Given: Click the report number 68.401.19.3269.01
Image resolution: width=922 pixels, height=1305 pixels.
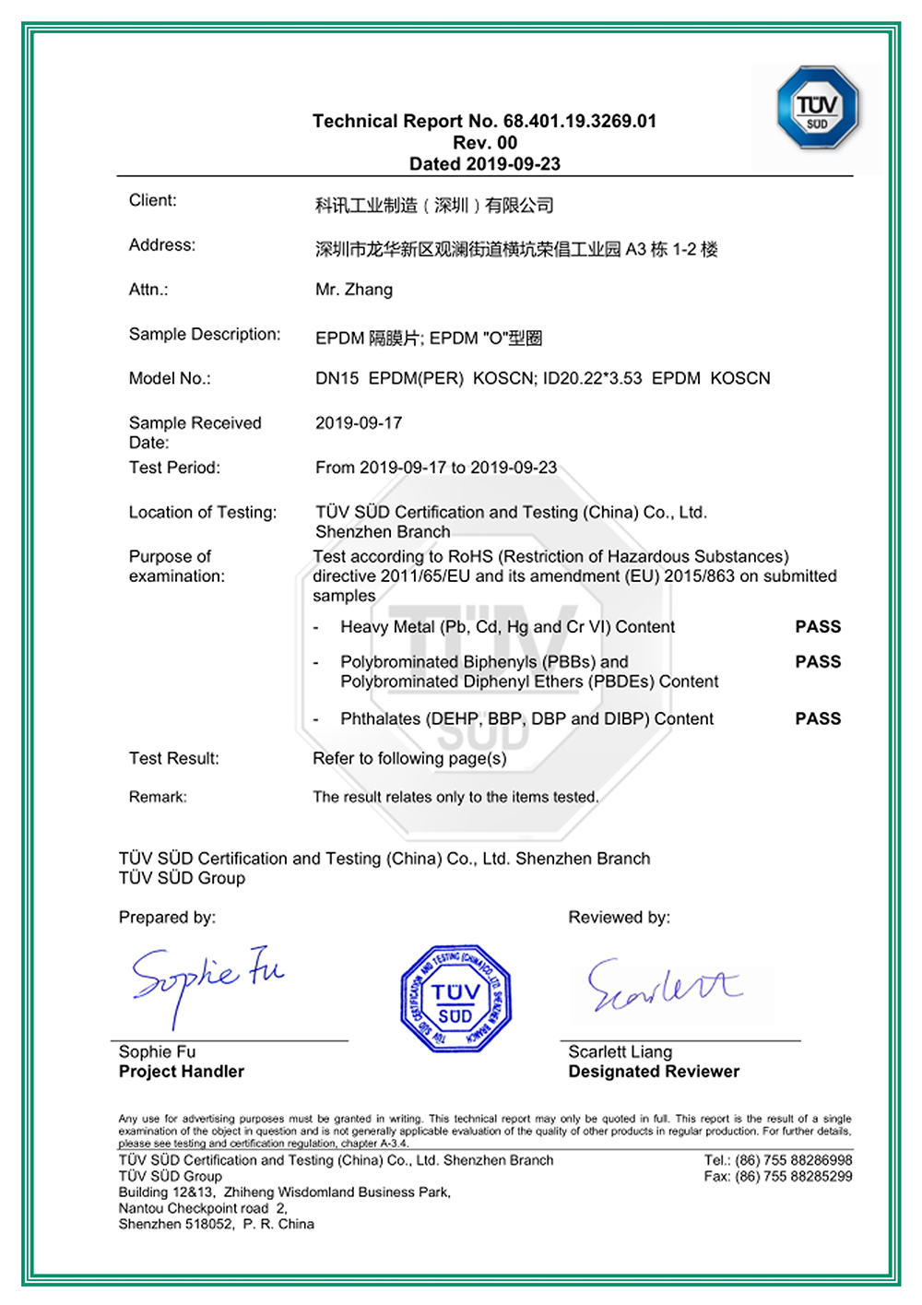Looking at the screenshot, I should (580, 121).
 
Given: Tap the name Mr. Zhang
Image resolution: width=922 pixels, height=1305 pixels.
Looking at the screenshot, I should (354, 290).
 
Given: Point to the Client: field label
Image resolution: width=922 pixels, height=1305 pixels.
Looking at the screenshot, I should (153, 200).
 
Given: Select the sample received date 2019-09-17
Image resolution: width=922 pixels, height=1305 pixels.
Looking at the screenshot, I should (359, 423).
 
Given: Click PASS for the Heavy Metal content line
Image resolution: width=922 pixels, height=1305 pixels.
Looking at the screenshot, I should (818, 627).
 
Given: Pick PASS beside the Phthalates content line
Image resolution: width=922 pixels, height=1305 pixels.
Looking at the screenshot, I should (818, 718).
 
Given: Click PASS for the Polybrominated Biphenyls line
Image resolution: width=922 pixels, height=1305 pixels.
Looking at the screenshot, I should (818, 662).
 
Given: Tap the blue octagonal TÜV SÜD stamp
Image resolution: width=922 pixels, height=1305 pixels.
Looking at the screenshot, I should (455, 999).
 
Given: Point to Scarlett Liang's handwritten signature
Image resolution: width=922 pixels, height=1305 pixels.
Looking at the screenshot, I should (664, 986).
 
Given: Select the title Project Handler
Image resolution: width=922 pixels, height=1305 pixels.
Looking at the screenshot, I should (182, 1072).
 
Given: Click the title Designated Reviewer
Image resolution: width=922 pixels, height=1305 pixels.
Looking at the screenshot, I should (654, 1072).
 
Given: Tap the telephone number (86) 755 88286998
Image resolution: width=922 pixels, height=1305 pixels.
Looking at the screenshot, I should (793, 1160).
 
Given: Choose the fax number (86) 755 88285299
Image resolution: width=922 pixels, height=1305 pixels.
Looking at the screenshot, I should (793, 1177).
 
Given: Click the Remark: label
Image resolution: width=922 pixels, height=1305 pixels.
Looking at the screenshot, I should (158, 797).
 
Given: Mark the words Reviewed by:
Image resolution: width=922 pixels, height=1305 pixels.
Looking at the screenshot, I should (620, 918).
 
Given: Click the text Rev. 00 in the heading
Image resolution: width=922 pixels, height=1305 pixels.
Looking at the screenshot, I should (485, 143).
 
